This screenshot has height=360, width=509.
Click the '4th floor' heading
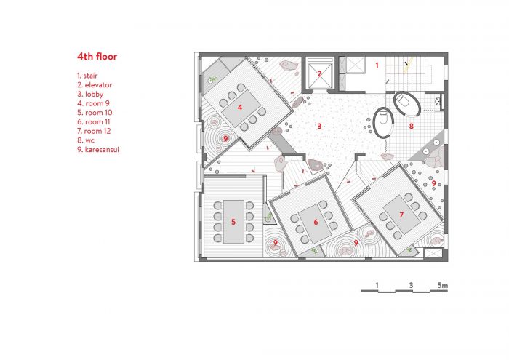click(97, 57)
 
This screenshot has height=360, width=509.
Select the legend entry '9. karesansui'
click(98, 150)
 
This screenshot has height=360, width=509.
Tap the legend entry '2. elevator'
click(95, 85)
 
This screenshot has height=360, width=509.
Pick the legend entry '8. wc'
click(86, 140)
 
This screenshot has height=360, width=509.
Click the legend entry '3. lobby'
click(90, 94)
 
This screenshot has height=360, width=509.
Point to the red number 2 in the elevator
click(319, 74)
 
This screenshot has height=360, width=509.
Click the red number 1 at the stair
click(377, 65)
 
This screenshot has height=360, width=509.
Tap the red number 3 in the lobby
click(319, 126)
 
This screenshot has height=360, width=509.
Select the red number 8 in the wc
click(412, 126)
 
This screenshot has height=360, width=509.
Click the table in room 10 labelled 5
click(233, 222)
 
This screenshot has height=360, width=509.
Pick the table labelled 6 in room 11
click(316, 224)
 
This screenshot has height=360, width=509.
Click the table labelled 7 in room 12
click(401, 215)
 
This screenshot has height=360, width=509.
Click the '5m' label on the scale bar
click(442, 285)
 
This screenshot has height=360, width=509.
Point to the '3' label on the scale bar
click(411, 285)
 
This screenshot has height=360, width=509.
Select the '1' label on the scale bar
click(377, 285)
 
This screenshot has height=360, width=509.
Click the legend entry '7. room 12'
click(94, 131)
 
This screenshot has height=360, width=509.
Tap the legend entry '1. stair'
click(87, 76)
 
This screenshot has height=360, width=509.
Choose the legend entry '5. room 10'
click(95, 113)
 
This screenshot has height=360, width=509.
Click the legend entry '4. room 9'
click(93, 103)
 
